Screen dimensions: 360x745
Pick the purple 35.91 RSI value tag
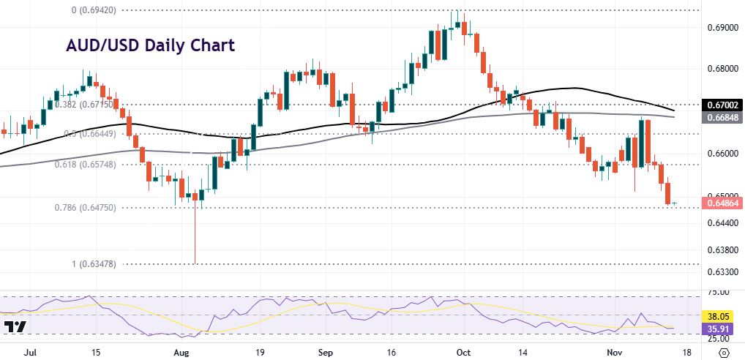[719, 329]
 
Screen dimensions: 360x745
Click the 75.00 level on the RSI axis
[719, 292]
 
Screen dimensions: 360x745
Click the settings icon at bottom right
[722, 353]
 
